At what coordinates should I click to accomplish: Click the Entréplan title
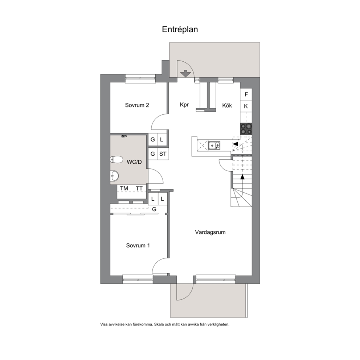(180, 29)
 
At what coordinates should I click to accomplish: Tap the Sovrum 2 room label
(137, 105)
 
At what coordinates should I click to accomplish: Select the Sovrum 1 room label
(138, 245)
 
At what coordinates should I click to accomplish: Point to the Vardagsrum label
(210, 232)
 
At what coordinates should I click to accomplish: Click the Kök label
(227, 105)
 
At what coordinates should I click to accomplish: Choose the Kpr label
(184, 105)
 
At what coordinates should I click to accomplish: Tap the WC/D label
(134, 162)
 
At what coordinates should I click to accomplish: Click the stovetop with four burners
(246, 129)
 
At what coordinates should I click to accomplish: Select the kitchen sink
(214, 146)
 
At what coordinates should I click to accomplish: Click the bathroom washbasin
(114, 176)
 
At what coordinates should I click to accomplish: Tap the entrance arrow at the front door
(185, 74)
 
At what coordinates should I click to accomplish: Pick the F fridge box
(246, 94)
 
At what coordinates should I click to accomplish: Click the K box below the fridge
(246, 106)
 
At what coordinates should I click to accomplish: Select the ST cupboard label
(163, 154)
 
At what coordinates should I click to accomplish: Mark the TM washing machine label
(124, 188)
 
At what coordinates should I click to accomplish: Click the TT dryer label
(139, 188)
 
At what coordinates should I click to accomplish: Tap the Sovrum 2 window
(140, 78)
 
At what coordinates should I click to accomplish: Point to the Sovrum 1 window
(138, 279)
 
